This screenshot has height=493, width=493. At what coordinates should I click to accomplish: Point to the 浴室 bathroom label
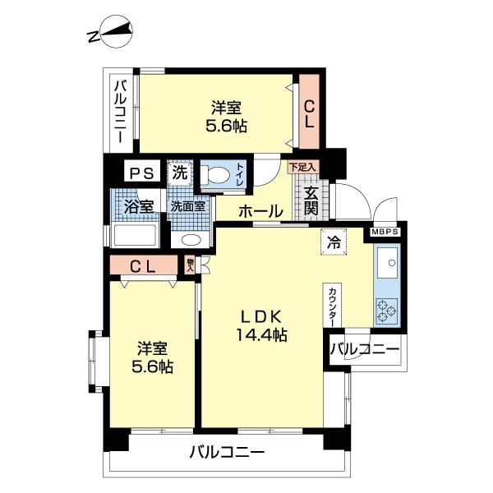[137, 205]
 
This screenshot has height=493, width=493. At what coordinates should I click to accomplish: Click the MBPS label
[385, 233]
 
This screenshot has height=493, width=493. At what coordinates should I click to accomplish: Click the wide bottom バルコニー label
[226, 452]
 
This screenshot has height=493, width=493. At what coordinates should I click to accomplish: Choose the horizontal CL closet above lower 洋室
[144, 265]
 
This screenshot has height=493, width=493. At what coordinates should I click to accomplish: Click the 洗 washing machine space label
[179, 173]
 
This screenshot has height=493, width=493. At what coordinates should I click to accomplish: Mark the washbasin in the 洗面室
[191, 240]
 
